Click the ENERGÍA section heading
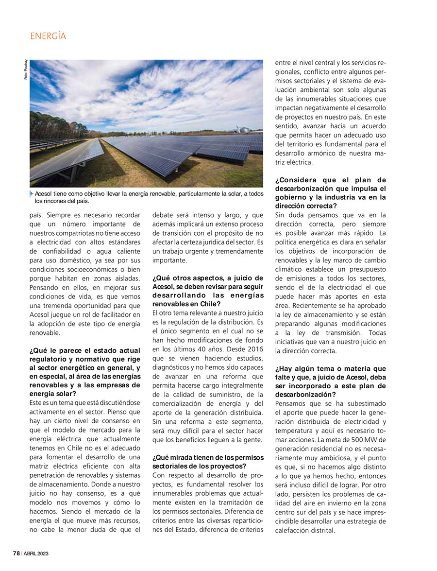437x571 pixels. click(x=48, y=36)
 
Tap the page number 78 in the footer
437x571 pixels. click(x=16, y=554)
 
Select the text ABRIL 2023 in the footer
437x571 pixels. click(x=36, y=554)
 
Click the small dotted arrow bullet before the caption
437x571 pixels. click(x=32, y=194)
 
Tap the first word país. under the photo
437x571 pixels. click(x=38, y=214)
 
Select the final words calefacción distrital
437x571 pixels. click(x=305, y=530)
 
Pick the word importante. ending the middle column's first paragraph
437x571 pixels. click(x=169, y=260)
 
